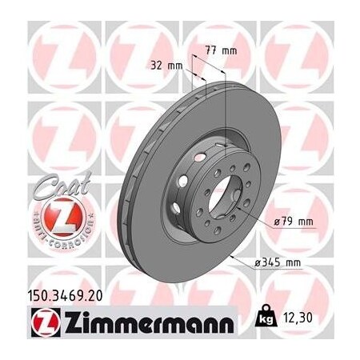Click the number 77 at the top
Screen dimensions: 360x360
tap(214, 50)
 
